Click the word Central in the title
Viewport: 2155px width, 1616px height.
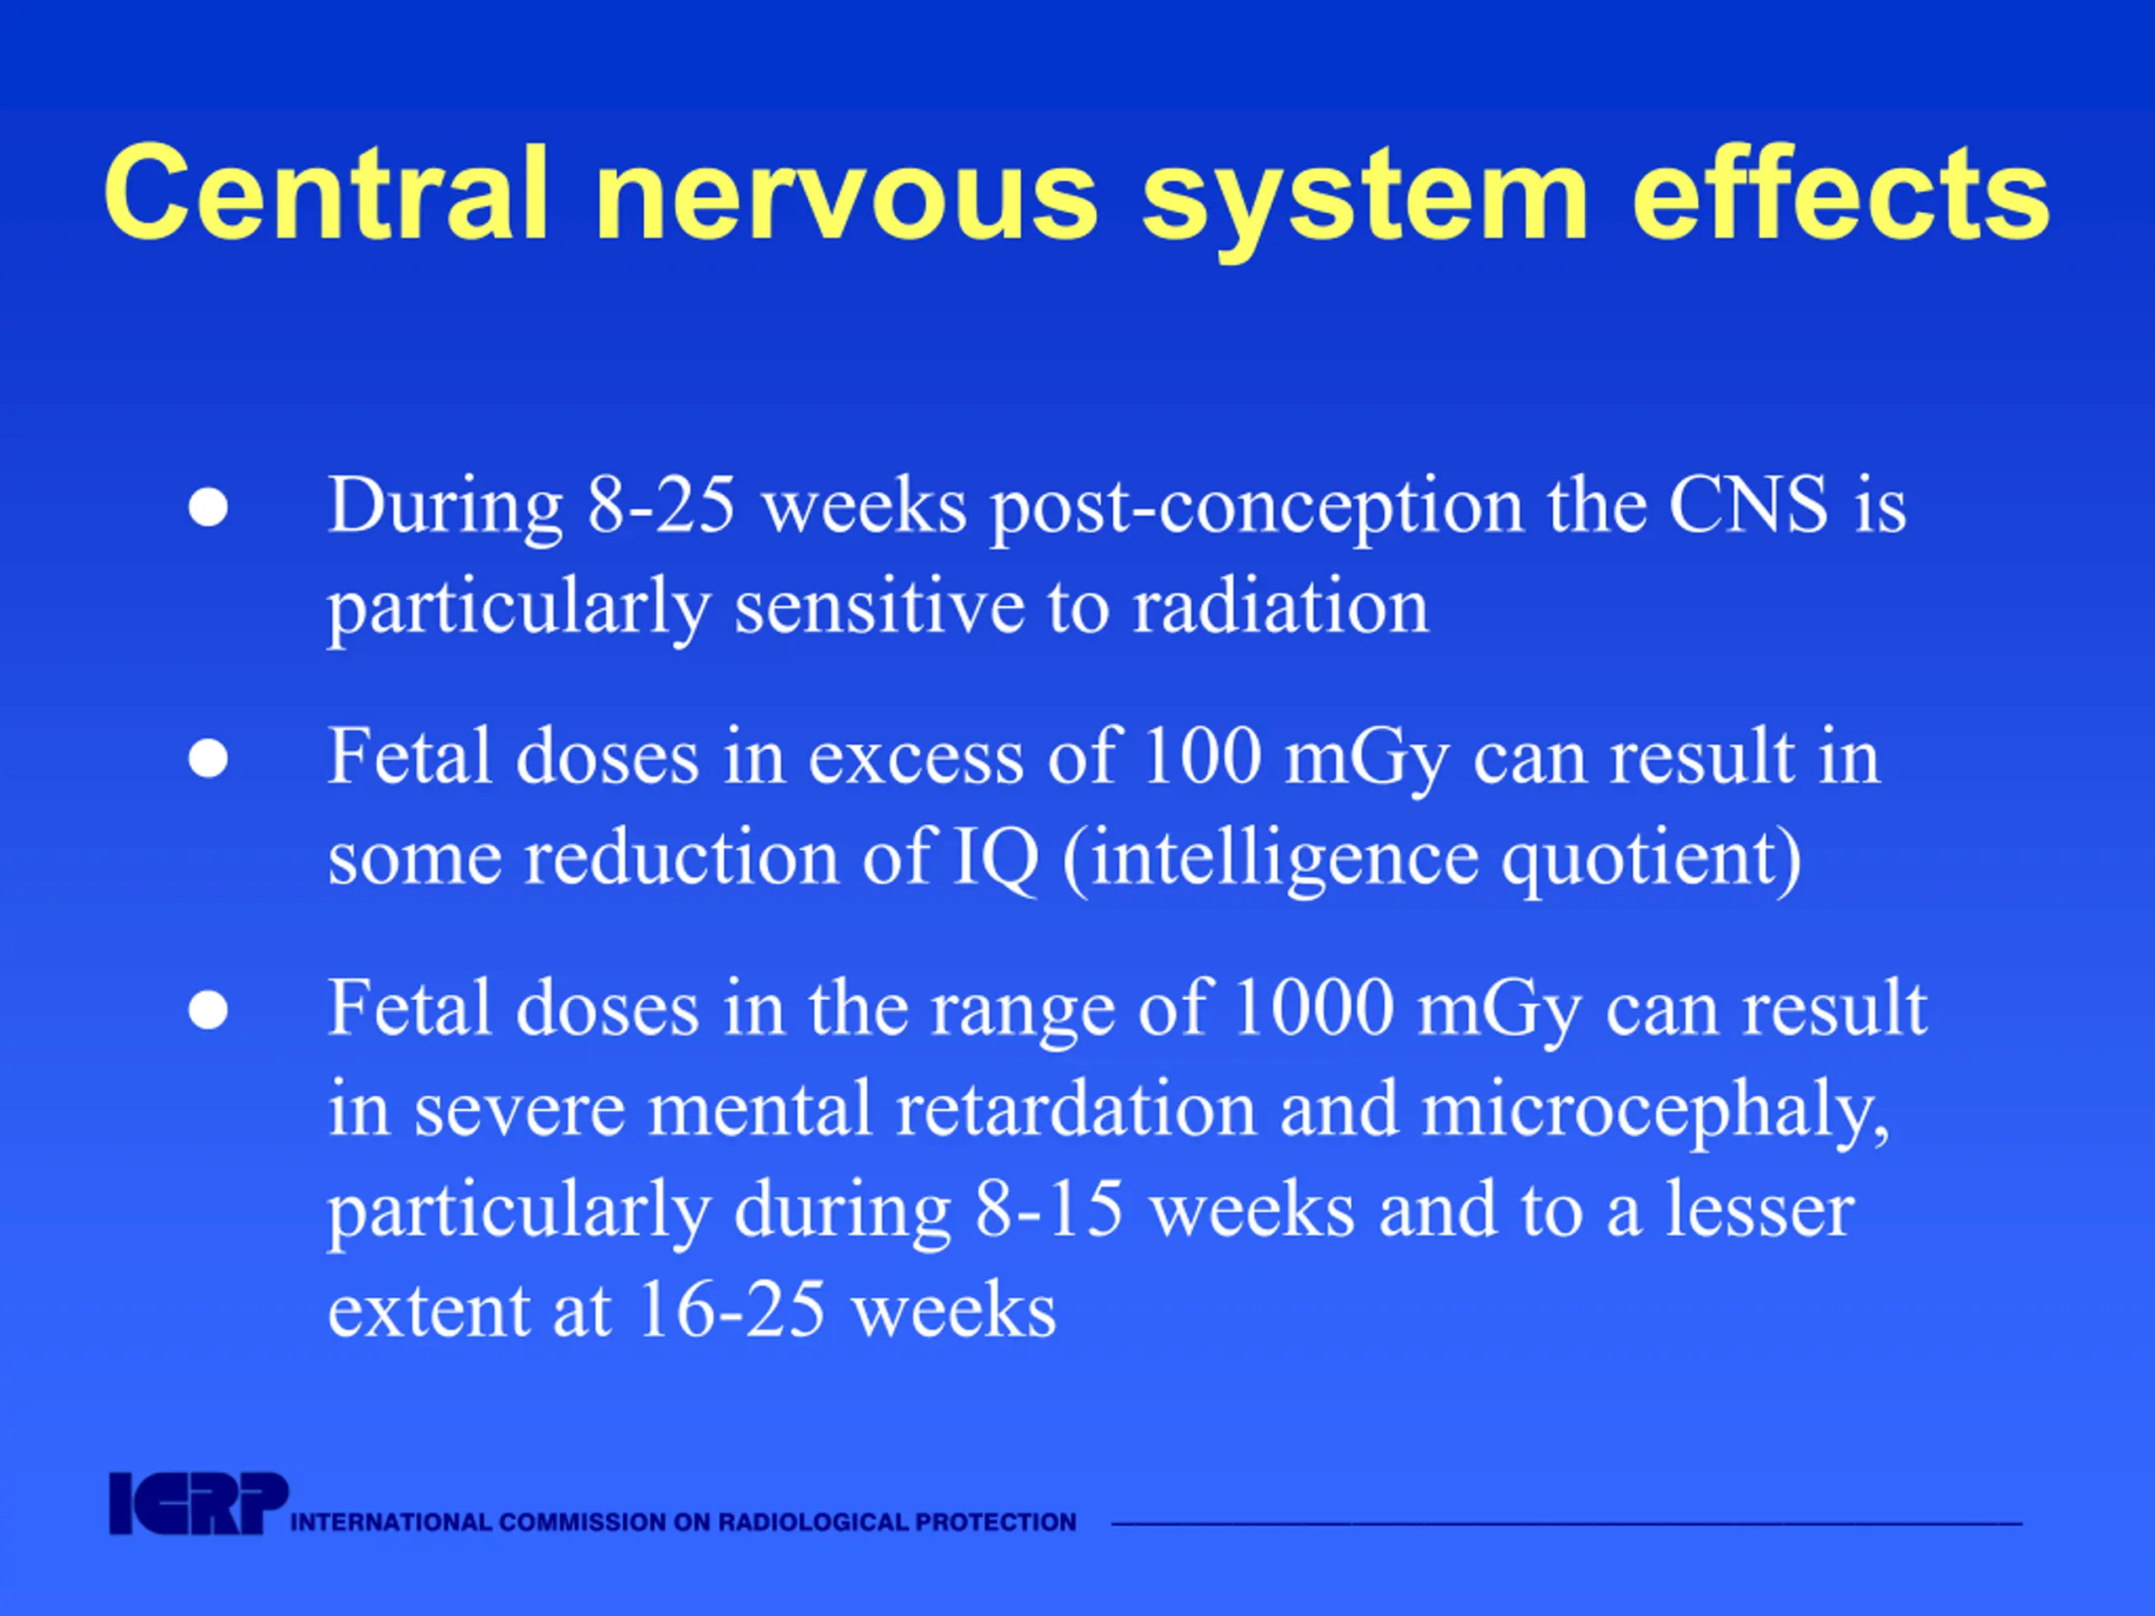pyautogui.click(x=327, y=192)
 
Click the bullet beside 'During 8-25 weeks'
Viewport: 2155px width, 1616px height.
pyautogui.click(x=209, y=508)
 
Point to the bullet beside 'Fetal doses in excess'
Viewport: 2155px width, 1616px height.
pyautogui.click(x=209, y=759)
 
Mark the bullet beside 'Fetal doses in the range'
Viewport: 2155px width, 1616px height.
pyautogui.click(x=209, y=1010)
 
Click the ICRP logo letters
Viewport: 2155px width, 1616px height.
pyautogui.click(x=198, y=1504)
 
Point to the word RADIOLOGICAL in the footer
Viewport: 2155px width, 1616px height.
pyautogui.click(x=804, y=1522)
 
